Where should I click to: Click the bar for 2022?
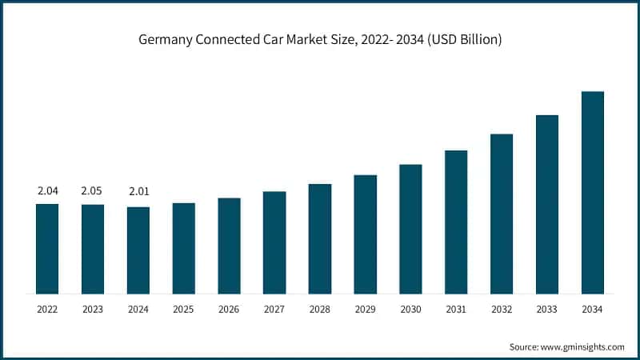pos(47,248)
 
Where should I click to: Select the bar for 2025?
pos(184,248)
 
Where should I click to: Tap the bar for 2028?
pos(320,238)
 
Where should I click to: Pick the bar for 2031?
pos(456,222)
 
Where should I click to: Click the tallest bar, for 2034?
pos(592,192)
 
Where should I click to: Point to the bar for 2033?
pos(547,204)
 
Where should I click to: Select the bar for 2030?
pos(410,229)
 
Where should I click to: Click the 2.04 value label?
pos(47,191)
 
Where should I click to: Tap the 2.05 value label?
pos(93,191)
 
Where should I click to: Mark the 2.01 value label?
pos(138,191)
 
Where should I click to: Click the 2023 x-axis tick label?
pos(93,310)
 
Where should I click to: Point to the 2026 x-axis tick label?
pos(229,310)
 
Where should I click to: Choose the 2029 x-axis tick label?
pos(365,310)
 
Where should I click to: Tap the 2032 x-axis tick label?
pos(502,310)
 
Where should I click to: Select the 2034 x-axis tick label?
pos(592,310)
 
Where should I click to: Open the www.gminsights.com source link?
pos(583,346)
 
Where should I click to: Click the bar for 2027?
pos(274,242)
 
